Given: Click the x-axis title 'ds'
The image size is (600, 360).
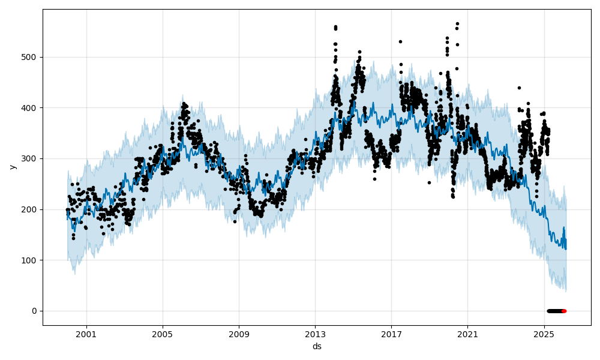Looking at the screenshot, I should click(x=317, y=346).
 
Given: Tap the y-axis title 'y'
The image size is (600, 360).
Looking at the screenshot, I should click(x=11, y=167).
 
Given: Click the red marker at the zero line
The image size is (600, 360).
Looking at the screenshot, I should click(x=564, y=311).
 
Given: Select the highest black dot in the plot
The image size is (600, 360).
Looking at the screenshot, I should click(x=457, y=24).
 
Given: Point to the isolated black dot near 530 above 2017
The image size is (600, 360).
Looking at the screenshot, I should click(x=400, y=41).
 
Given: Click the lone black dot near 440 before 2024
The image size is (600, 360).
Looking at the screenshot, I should click(x=519, y=88).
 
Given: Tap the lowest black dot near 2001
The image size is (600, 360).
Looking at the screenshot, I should click(x=73, y=238).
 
